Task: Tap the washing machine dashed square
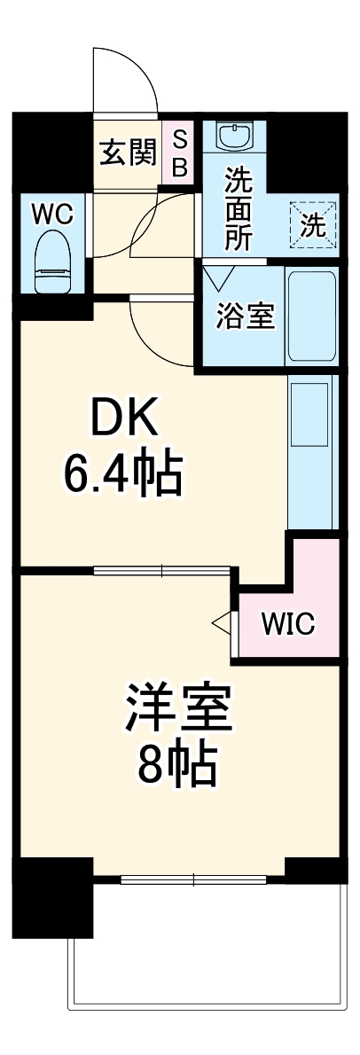(312, 225)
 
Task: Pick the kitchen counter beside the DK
(312, 451)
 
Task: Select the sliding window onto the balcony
(194, 880)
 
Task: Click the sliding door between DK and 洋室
(162, 570)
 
